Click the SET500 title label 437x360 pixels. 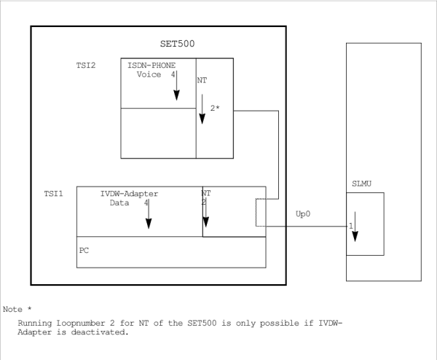pyautogui.click(x=177, y=44)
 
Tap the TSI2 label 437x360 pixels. pyautogui.click(x=87, y=65)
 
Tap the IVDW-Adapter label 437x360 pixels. pyautogui.click(x=129, y=194)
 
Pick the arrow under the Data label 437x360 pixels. pyautogui.click(x=149, y=216)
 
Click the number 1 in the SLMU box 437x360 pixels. pyautogui.click(x=350, y=226)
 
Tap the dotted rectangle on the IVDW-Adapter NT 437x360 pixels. pyautogui.click(x=261, y=215)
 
